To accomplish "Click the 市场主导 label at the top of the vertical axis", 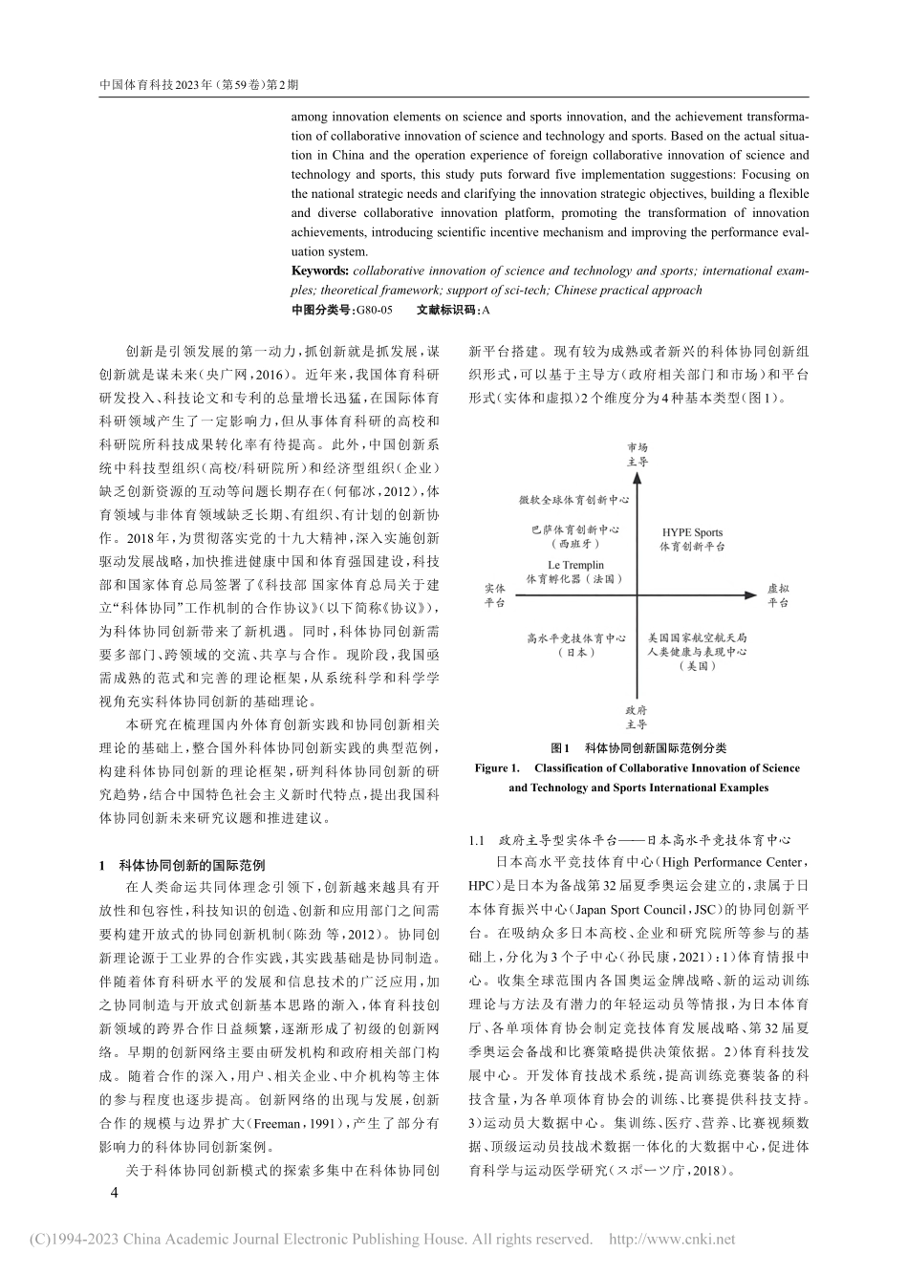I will pos(638,454).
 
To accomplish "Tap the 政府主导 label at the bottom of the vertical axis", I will pos(638,718).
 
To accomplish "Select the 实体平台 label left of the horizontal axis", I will pos(495,596).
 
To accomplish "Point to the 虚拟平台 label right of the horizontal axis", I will pos(778,596).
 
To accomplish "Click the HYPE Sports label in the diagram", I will pos(693,532).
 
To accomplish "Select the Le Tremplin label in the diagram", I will pos(575,565).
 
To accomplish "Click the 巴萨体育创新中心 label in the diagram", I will pos(575,529).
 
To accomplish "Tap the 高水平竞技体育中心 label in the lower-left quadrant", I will pos(575,637).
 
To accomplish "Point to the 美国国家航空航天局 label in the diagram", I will pos(697,637).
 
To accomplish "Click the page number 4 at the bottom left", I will pos(115,1193).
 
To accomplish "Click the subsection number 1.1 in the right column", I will pos(477,841).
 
